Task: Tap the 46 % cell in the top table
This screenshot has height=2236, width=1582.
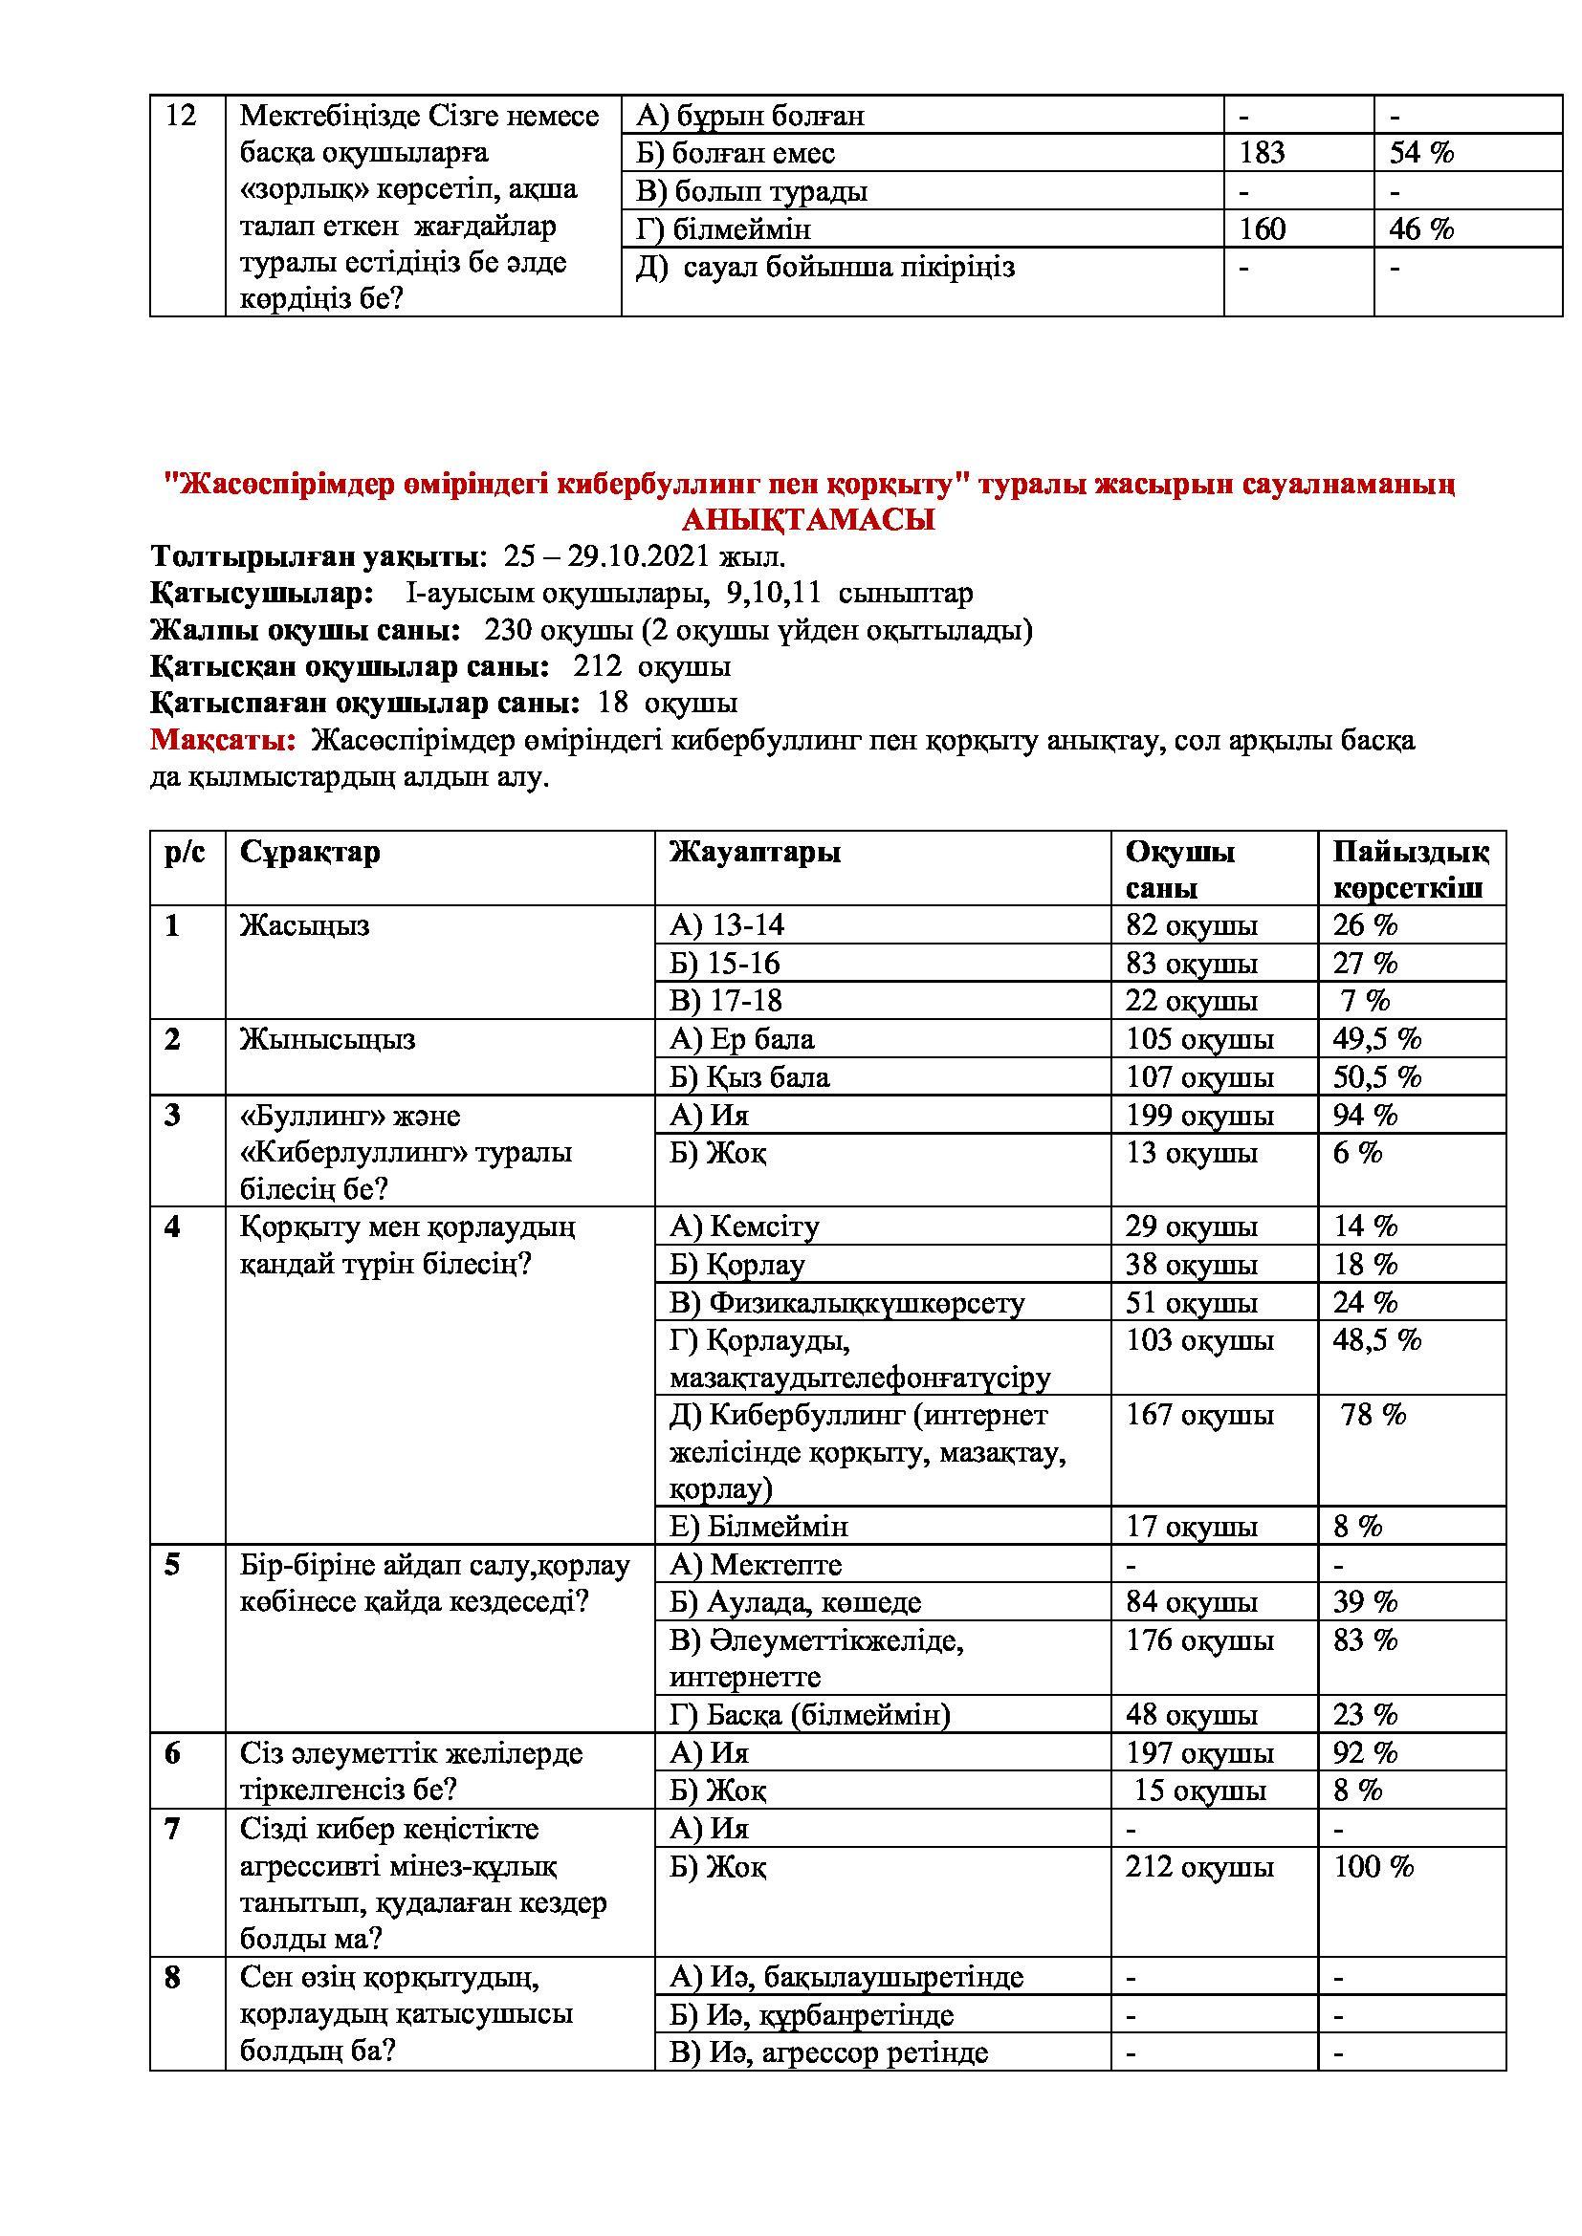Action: pos(1421,228)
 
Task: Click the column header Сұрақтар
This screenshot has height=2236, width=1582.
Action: pos(310,852)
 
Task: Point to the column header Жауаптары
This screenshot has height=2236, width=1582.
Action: pos(755,852)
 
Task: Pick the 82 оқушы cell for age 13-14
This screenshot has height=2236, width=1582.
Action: pos(1191,925)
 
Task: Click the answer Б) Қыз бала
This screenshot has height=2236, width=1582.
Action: pos(749,1077)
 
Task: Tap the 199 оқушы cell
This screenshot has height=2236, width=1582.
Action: pos(1199,1115)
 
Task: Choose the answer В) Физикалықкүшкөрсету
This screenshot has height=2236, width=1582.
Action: pos(846,1303)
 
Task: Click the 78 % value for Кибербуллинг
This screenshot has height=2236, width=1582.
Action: pos(1373,1415)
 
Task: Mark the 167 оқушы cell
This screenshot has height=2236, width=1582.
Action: pos(1199,1415)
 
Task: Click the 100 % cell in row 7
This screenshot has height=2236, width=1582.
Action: pos(1373,1867)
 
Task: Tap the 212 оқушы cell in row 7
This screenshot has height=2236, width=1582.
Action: pos(1199,1867)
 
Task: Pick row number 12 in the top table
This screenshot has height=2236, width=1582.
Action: pos(181,116)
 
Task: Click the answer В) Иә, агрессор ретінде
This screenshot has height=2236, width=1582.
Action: pos(828,2053)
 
